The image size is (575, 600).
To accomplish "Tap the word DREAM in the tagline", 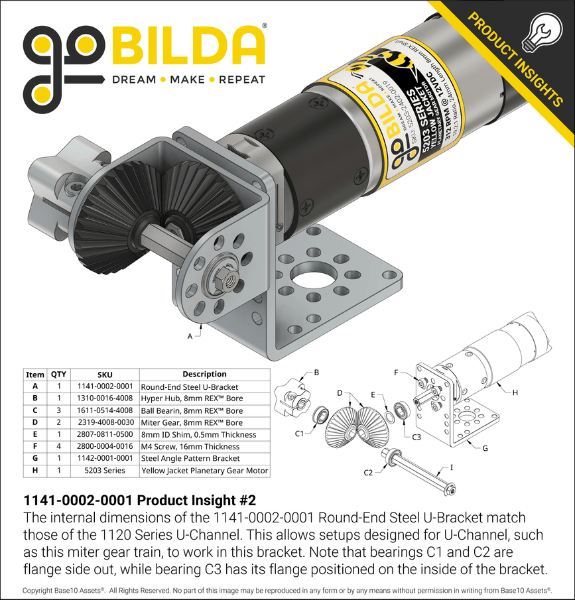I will [133, 80].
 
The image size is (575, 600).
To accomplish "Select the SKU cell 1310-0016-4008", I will [105, 398].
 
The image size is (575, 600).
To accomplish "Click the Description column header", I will [204, 374].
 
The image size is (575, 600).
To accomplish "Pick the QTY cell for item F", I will [59, 447].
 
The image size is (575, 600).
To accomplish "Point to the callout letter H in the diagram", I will [515, 392].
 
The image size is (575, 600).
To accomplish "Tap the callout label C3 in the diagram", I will [416, 437].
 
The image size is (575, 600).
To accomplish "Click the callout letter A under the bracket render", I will [190, 337].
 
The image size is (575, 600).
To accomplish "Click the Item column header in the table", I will [34, 374].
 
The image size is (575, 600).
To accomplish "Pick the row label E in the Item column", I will [34, 435].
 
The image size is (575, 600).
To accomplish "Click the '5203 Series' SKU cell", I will [105, 471].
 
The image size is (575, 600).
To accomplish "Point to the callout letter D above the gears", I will [340, 393].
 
